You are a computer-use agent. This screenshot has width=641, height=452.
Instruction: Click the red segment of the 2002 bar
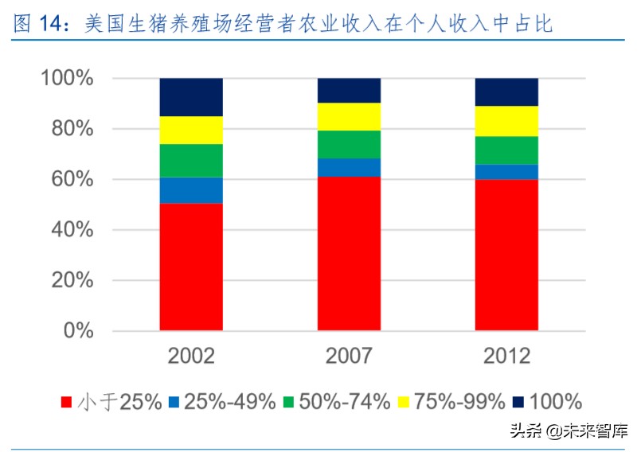pos(191,267)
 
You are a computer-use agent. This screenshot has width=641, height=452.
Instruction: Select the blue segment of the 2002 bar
pos(191,190)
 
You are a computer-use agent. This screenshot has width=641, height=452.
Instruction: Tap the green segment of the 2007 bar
pos(349,144)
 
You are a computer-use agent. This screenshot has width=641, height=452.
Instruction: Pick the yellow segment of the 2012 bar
pos(506,121)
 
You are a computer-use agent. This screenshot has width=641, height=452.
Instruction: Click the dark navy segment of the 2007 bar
pos(349,90)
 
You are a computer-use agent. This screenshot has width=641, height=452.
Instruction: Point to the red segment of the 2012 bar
pos(506,255)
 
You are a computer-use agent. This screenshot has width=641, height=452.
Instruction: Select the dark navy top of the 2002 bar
pos(191,97)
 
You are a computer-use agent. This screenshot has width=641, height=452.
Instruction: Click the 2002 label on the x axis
pos(191,356)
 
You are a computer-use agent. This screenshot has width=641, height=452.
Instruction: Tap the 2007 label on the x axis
pos(349,356)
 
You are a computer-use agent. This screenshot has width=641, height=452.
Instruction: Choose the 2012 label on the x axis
pos(506,356)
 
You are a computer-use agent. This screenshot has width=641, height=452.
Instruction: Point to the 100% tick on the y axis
pos(67,79)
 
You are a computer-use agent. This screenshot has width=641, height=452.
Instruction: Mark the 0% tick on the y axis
pos(79,331)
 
